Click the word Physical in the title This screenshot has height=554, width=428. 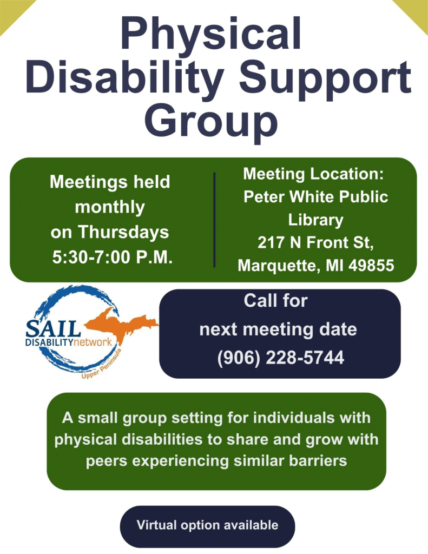(x=211, y=34)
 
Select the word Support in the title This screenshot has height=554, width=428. (x=325, y=80)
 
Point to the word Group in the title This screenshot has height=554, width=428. (x=211, y=121)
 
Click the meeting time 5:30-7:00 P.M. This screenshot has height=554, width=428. (x=113, y=257)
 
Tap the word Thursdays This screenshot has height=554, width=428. (x=123, y=233)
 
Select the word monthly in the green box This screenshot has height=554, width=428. (x=110, y=207)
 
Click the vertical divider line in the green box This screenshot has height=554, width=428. (x=214, y=220)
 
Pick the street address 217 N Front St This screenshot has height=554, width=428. (x=315, y=242)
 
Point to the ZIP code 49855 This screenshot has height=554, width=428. (x=371, y=265)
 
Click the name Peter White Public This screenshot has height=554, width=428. (x=315, y=196)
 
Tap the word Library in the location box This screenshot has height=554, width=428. (x=315, y=220)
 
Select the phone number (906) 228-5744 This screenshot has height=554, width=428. (x=281, y=358)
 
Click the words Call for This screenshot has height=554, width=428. (x=275, y=301)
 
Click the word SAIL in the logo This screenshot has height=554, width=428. (x=53, y=328)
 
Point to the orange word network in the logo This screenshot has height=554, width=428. (x=93, y=342)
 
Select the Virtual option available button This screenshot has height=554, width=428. (x=207, y=525)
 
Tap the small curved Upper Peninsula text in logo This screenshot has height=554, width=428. (x=102, y=364)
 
